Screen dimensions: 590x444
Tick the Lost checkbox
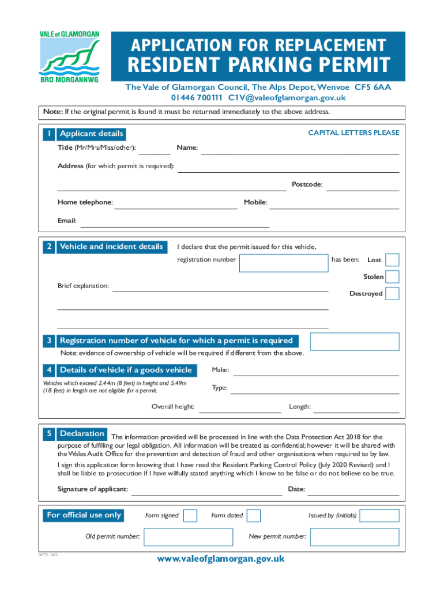(392, 260)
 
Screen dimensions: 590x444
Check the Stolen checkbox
(392, 277)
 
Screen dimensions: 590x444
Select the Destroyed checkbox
(392, 293)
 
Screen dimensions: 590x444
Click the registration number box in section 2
(284, 262)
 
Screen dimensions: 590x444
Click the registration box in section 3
(355, 341)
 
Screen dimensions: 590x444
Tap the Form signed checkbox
(190, 515)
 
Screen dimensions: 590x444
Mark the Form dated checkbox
(254, 515)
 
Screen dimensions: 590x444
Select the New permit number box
(355, 537)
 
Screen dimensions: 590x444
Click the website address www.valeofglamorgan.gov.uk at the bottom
(221, 559)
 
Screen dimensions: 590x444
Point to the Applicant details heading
(91, 134)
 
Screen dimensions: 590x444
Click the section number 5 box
(50, 434)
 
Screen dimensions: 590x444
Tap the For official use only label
(84, 515)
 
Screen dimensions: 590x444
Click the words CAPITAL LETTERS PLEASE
(353, 133)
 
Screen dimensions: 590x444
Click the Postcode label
(307, 185)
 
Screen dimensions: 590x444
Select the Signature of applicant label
(92, 490)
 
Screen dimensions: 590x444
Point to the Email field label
(66, 221)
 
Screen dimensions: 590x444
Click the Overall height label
(173, 407)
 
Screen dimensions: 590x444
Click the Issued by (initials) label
(333, 515)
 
